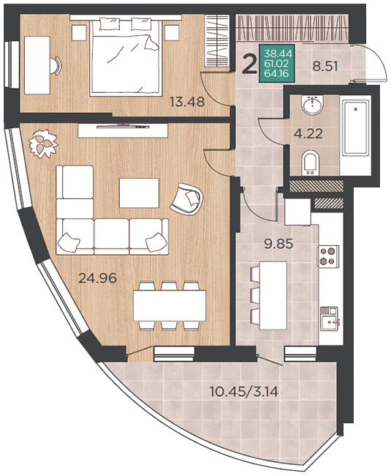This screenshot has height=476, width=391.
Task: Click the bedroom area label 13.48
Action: [x=187, y=102]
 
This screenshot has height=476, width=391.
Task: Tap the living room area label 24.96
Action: [x=97, y=278]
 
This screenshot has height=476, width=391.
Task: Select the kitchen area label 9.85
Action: [x=278, y=243]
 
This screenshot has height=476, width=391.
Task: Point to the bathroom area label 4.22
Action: [x=308, y=133]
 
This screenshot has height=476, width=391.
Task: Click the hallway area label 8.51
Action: [x=325, y=66]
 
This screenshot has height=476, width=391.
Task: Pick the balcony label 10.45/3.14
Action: [x=244, y=392]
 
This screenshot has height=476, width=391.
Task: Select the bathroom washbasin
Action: [x=313, y=105]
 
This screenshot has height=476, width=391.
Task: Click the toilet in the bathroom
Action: [x=311, y=163]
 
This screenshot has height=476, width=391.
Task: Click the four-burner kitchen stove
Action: [x=328, y=256]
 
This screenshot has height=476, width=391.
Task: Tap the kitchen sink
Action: [x=330, y=319]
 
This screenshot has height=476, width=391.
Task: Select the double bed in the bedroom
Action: [x=125, y=56]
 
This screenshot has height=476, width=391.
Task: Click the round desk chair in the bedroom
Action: [x=56, y=66]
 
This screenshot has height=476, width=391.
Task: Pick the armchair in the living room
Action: [x=186, y=199]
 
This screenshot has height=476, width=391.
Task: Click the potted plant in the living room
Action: [x=43, y=144]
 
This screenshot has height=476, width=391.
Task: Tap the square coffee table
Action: [x=139, y=193]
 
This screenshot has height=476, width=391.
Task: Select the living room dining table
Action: [x=170, y=305]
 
